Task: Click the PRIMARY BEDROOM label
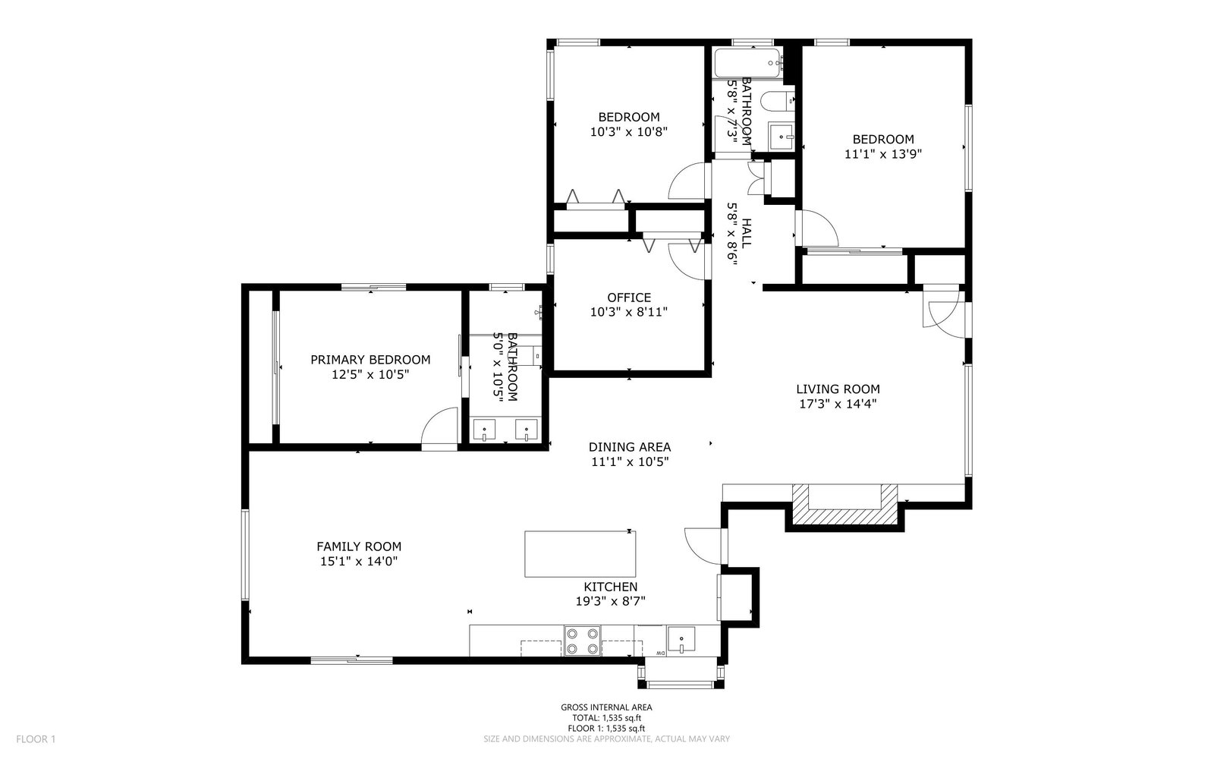[x=370, y=360]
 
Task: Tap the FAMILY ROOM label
[x=359, y=546]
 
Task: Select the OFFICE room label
[x=629, y=298]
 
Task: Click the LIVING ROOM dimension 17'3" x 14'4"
[x=838, y=404]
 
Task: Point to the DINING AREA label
[x=630, y=447]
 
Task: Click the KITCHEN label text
[x=610, y=587]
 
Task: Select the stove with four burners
[x=582, y=641]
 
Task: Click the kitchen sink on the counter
[x=682, y=639]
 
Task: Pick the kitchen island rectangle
[x=580, y=555]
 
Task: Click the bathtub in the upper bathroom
[x=747, y=61]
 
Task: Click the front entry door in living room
[x=943, y=312]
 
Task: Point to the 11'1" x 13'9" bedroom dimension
[x=883, y=153]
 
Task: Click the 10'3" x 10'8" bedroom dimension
[x=629, y=131]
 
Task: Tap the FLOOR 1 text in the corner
[x=36, y=739]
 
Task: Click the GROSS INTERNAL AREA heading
[x=606, y=707]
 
